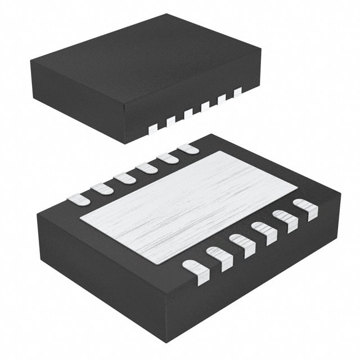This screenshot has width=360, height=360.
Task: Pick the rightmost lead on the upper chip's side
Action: coord(237,90)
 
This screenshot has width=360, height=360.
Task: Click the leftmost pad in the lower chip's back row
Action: coord(78,198)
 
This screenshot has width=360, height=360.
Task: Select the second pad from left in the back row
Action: coord(101,187)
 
